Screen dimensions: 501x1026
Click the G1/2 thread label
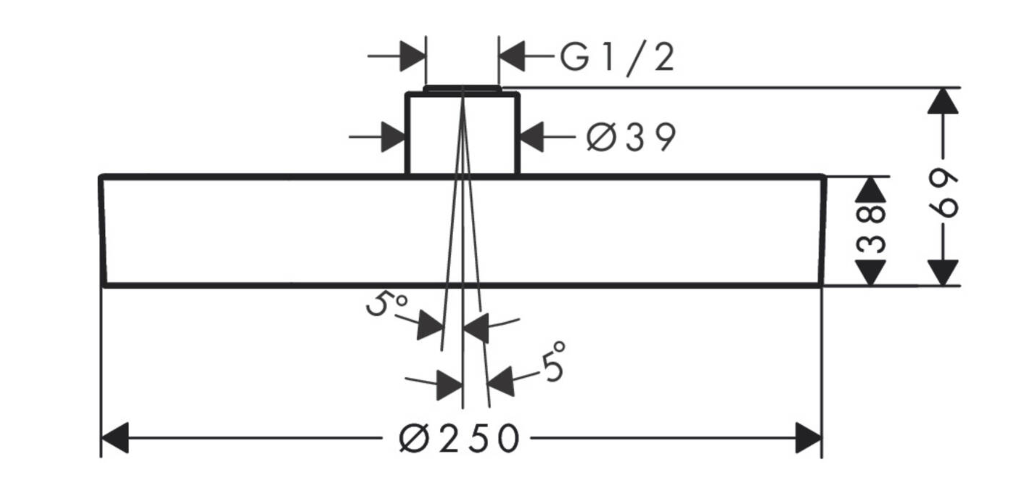pyautogui.click(x=617, y=58)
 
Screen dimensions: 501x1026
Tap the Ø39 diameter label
pyautogui.click(x=631, y=137)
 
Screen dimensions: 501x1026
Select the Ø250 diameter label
pyautogui.click(x=459, y=438)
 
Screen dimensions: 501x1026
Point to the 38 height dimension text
pyautogui.click(x=871, y=230)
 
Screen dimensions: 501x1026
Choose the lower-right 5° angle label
pyautogui.click(x=553, y=362)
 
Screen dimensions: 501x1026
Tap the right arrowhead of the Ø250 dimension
pyautogui.click(x=808, y=438)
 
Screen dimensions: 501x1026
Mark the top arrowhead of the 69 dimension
pyautogui.click(x=943, y=102)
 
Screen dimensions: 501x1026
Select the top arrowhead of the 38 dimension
pyautogui.click(x=871, y=190)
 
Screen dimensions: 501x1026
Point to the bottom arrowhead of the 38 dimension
pyautogui.click(x=871, y=272)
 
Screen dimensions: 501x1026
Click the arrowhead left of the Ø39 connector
pyautogui.click(x=393, y=137)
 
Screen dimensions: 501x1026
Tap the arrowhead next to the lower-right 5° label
pyautogui.click(x=501, y=381)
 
